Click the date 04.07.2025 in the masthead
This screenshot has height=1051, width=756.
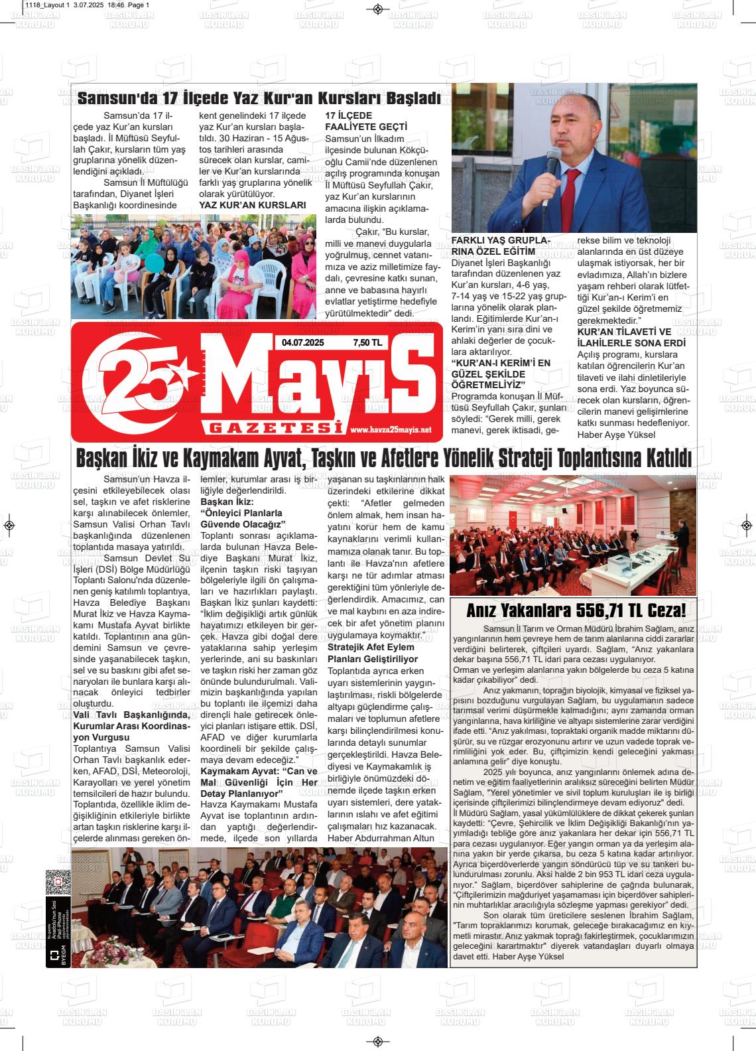point(302,343)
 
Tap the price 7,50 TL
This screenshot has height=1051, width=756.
point(367,343)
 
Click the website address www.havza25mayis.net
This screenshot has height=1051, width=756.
point(391,430)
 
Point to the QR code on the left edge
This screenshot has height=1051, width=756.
point(58,882)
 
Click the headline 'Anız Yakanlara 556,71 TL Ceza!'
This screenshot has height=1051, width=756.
point(576,610)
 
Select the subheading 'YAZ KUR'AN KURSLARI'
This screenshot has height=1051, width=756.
point(253,205)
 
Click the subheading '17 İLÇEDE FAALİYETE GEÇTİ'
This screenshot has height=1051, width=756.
point(366,121)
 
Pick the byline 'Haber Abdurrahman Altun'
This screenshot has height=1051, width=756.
point(381,837)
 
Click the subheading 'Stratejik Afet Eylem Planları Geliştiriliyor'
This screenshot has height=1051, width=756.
point(373,653)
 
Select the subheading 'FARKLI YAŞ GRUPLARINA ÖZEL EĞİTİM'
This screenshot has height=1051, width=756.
point(501,245)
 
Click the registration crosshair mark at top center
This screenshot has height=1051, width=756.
point(377,9)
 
